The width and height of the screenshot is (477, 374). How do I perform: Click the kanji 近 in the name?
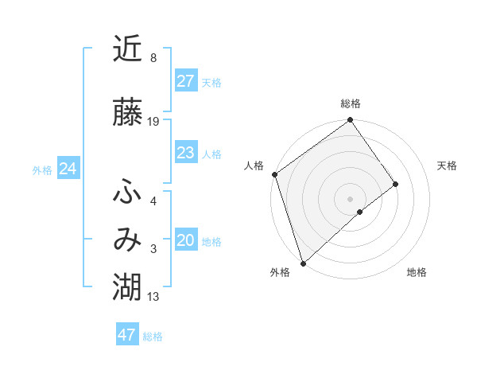click(x=128, y=50)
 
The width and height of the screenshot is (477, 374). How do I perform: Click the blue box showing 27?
click(x=186, y=80)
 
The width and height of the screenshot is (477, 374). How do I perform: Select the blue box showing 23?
click(x=186, y=153)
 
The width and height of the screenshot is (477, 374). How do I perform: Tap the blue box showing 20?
click(x=186, y=240)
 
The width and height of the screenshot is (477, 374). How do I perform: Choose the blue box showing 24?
click(x=68, y=169)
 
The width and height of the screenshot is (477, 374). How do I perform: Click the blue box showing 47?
click(x=127, y=335)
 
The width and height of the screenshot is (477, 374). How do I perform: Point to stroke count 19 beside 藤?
click(x=153, y=122)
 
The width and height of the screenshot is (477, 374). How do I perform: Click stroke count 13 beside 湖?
click(x=153, y=297)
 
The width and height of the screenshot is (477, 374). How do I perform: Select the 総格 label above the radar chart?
click(x=350, y=103)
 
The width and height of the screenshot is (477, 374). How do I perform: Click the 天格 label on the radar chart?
click(x=448, y=166)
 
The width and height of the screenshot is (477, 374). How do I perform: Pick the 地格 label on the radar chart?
click(x=417, y=272)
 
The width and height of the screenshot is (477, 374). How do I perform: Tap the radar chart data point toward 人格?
click(x=274, y=174)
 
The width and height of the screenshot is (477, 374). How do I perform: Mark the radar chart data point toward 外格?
click(x=303, y=263)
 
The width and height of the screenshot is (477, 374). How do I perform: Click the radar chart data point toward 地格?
click(x=360, y=212)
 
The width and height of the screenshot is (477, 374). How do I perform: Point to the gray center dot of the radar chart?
click(x=350, y=197)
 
